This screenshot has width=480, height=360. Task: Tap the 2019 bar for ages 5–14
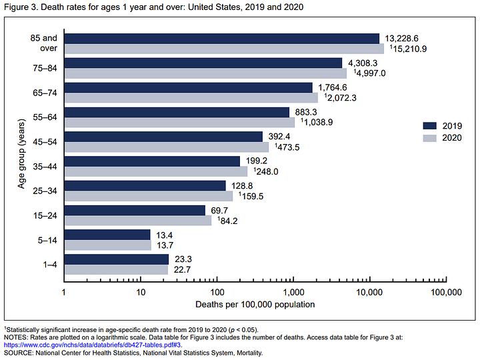coord(107,235)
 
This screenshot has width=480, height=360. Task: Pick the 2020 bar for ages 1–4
coord(116,269)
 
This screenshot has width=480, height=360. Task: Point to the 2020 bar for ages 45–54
coord(167,147)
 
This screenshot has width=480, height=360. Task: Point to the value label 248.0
coord(265,171)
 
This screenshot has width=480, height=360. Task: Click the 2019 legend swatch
coord(430,125)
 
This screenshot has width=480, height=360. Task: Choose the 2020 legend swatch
coord(430,137)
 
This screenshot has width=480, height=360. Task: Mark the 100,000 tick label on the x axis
coord(445,293)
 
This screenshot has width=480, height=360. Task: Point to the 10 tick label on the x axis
coord(141,293)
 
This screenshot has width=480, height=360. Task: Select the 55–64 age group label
coord(44,117)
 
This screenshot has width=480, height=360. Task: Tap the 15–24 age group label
coord(44,215)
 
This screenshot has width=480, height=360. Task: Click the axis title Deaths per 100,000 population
coord(255,305)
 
